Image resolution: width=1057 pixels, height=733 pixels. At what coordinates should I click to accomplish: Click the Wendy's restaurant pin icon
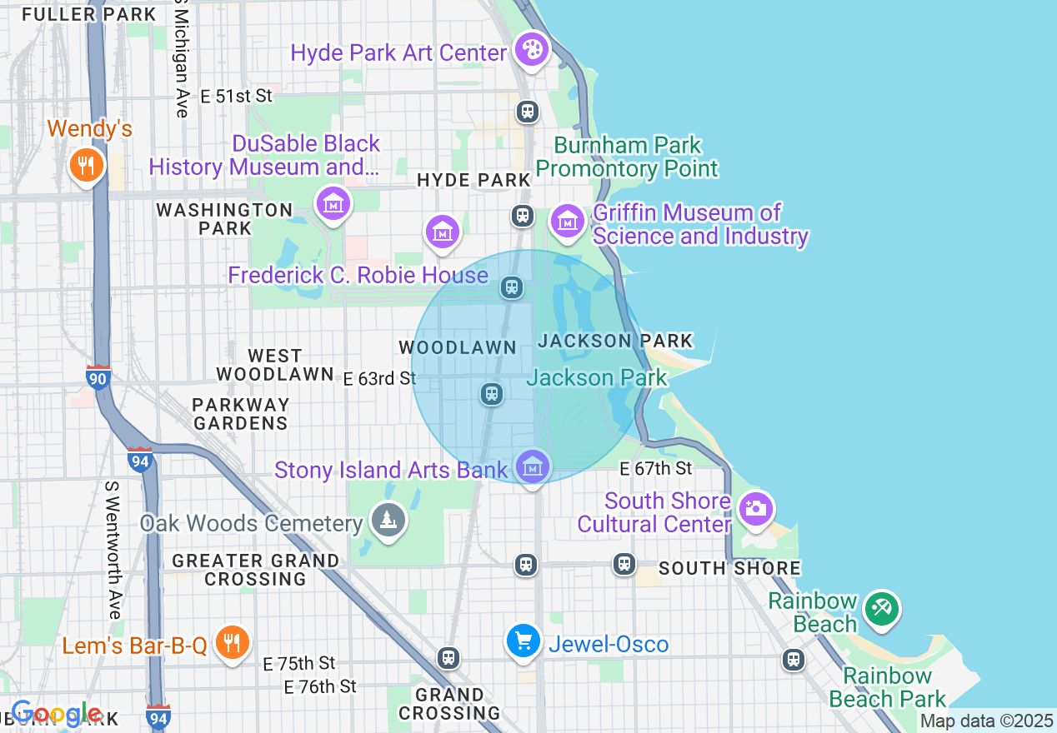click(x=85, y=164)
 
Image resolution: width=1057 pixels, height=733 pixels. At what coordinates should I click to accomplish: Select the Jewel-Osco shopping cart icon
click(x=523, y=641)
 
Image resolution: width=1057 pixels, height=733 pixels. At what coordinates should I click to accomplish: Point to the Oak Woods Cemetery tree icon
click(x=388, y=521)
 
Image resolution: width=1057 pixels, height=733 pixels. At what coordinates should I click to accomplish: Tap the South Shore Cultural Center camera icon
click(x=756, y=508)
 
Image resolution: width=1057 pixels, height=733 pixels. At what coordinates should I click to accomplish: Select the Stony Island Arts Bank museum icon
click(x=533, y=466)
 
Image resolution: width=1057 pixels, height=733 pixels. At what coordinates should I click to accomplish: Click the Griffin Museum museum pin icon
click(x=568, y=222)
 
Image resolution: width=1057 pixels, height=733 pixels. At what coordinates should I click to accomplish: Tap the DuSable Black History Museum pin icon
click(x=333, y=202)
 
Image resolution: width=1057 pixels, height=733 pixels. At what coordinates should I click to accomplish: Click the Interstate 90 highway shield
click(x=98, y=377)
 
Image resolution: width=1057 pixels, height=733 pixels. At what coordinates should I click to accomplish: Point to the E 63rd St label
click(x=379, y=379)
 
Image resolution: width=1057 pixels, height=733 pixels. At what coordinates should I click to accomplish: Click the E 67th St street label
click(x=655, y=469)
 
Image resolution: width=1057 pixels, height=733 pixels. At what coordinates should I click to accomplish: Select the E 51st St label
click(x=237, y=97)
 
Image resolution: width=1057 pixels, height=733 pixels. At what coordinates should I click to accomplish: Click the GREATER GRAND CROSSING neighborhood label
click(x=256, y=570)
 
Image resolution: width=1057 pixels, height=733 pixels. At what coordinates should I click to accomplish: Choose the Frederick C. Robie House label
click(x=358, y=275)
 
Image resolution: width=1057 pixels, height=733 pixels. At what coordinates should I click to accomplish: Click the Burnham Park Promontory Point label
click(x=627, y=157)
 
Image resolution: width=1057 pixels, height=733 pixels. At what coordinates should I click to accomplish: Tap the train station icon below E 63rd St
click(x=492, y=393)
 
